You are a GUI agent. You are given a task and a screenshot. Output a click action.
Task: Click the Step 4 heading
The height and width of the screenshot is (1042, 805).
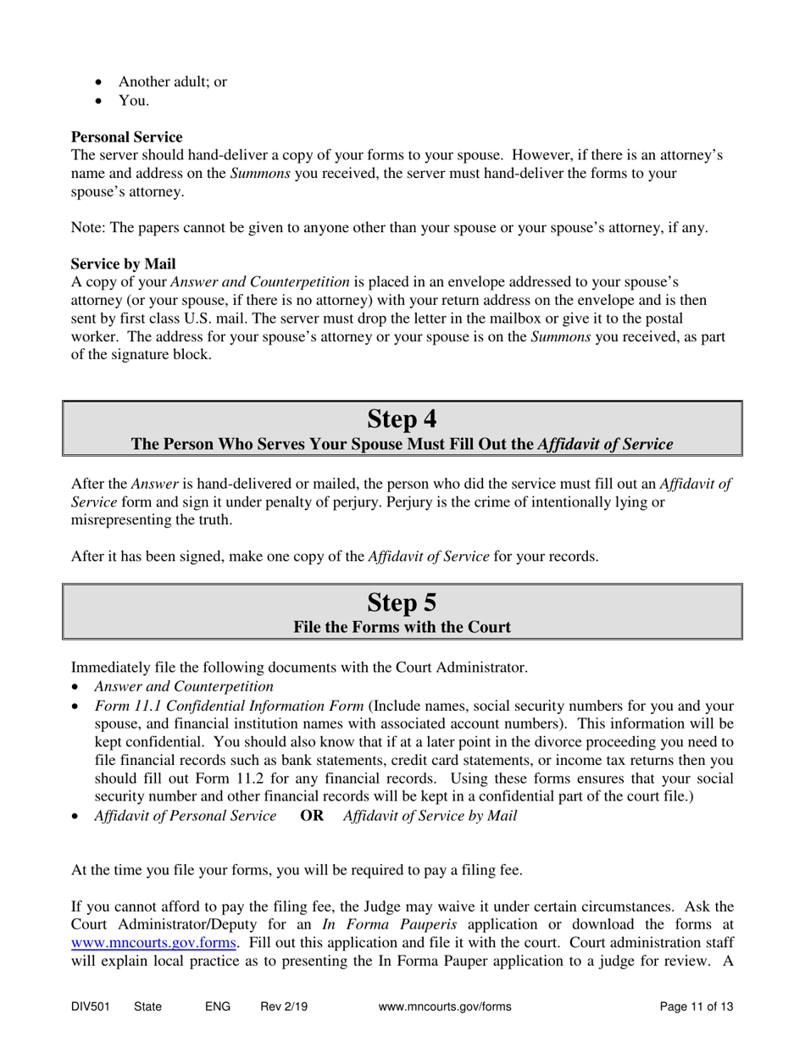point(402,418)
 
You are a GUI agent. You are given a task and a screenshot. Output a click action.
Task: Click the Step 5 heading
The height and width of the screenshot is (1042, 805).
point(402,602)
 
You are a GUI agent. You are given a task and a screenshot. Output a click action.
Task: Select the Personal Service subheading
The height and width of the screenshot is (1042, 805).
point(126,137)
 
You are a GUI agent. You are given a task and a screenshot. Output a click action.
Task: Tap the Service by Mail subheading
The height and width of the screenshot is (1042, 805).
point(123,263)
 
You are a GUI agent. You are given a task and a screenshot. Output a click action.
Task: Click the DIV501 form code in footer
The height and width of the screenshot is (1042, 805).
point(90,1007)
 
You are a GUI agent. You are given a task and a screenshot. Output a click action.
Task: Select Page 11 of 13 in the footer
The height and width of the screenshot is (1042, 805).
point(696,1007)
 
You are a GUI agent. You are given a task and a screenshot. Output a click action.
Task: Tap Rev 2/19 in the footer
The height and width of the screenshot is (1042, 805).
point(284,1007)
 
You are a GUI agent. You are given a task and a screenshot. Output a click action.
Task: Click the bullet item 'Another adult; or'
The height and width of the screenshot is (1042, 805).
point(172,82)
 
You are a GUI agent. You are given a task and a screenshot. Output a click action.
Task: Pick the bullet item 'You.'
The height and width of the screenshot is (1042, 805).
point(134,101)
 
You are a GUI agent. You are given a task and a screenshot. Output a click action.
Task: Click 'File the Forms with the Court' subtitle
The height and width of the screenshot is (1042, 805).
point(402,628)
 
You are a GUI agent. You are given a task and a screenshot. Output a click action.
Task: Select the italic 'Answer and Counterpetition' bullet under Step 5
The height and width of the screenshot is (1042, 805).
point(184,686)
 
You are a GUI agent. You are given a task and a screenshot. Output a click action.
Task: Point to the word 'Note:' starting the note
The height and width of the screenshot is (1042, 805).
point(88,228)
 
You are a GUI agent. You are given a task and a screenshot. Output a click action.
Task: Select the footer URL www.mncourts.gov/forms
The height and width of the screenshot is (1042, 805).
point(445,1007)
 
